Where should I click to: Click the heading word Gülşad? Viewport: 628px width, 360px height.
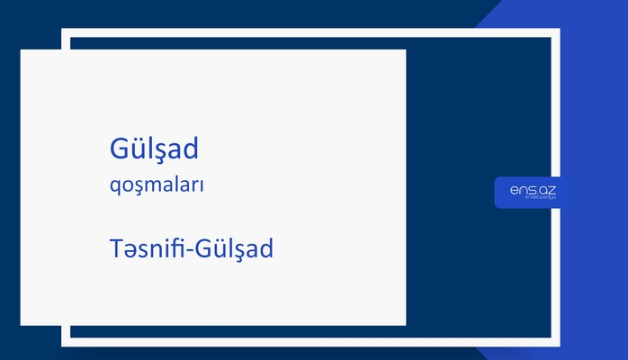pos(152,149)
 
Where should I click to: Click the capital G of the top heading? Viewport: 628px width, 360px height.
pos(118,149)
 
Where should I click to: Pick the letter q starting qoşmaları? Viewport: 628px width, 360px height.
pos(112,188)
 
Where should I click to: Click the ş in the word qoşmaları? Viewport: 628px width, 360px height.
pos(134,188)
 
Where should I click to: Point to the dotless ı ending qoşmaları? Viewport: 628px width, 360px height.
pos(202,186)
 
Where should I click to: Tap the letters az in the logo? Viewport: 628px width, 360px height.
pos(548,188)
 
